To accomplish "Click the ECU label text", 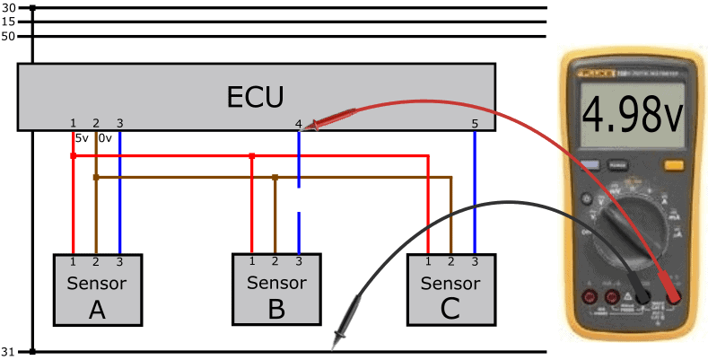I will [257, 96].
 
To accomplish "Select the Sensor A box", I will [97, 289].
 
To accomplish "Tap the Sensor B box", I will [276, 289].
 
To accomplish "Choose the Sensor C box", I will [450, 289].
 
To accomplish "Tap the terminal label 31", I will [9, 351].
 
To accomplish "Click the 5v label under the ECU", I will [82, 138].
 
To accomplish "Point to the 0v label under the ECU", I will [104, 138].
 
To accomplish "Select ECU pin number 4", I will [299, 123].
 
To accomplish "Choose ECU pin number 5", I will [475, 123].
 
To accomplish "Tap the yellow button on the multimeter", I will [673, 165].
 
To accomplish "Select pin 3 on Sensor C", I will [475, 261].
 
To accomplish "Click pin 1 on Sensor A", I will [73, 261].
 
